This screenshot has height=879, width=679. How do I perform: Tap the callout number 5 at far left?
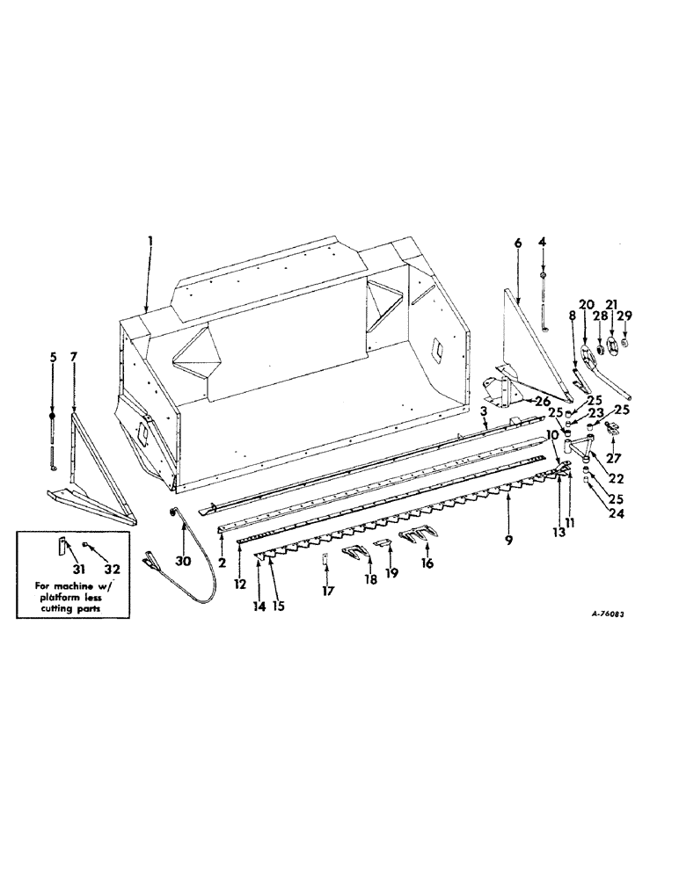52,358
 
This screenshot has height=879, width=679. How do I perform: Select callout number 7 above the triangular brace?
74,358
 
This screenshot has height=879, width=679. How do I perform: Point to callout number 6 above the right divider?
517,242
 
